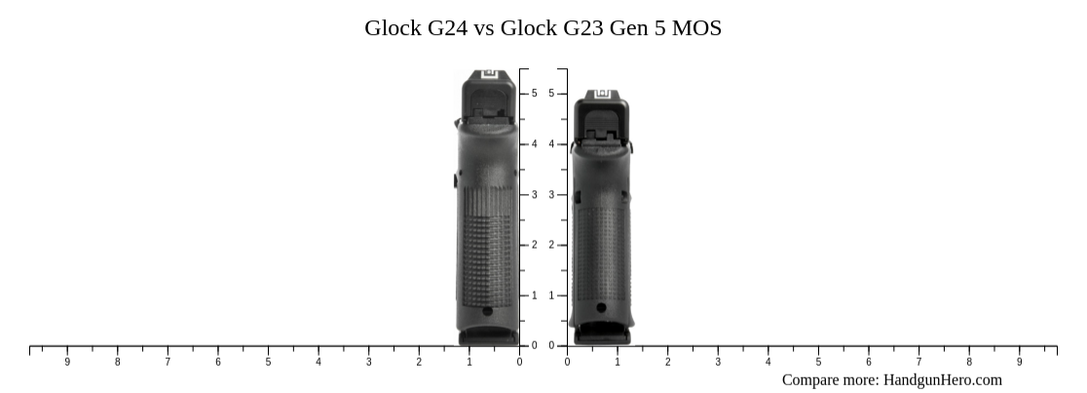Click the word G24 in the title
tap(446, 27)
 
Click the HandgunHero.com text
tap(943, 380)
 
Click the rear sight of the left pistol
tap(489, 74)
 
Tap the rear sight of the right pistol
tap(601, 95)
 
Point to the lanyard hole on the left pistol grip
tap(487, 311)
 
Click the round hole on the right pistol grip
tap(601, 308)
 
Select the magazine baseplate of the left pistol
tap(489, 336)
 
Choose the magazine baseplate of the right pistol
tap(601, 335)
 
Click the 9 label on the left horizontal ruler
tap(67, 362)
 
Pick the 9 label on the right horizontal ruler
tap(1020, 362)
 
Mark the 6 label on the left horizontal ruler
tap(218, 362)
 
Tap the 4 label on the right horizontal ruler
tap(768, 362)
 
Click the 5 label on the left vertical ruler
tap(534, 94)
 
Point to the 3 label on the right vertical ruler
tap(551, 195)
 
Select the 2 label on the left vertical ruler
tap(534, 245)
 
